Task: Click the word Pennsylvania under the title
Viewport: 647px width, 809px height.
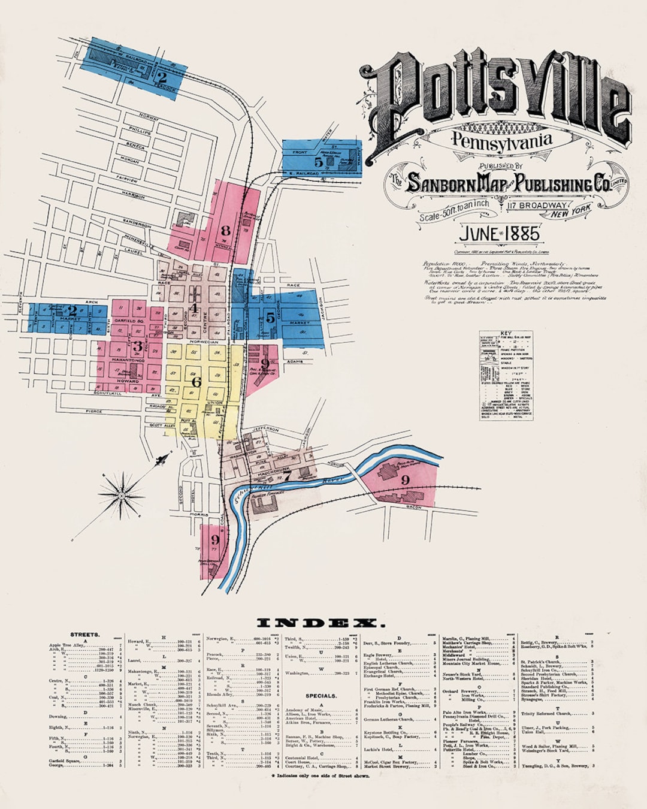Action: click(x=501, y=141)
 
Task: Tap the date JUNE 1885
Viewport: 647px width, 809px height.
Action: click(x=498, y=234)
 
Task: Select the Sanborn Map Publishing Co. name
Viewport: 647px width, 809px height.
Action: click(x=508, y=183)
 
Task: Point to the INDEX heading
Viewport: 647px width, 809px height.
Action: click(x=313, y=623)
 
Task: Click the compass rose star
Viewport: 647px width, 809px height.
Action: click(x=122, y=495)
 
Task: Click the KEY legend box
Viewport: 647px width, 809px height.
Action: click(x=506, y=375)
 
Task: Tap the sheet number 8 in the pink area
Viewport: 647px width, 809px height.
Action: click(x=225, y=230)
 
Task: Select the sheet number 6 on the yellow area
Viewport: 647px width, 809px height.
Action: click(x=196, y=381)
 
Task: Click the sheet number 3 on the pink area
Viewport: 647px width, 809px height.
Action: click(x=138, y=346)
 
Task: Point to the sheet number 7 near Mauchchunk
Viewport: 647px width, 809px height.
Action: click(x=287, y=476)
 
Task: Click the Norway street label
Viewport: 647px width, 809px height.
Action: click(x=149, y=117)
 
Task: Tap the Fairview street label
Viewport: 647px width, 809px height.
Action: click(x=126, y=179)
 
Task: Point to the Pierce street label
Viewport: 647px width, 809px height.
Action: click(x=93, y=412)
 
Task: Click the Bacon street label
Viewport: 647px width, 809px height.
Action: click(x=413, y=508)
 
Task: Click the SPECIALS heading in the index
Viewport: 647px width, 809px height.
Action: click(x=321, y=696)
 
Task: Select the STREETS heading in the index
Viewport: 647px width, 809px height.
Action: click(x=84, y=634)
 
